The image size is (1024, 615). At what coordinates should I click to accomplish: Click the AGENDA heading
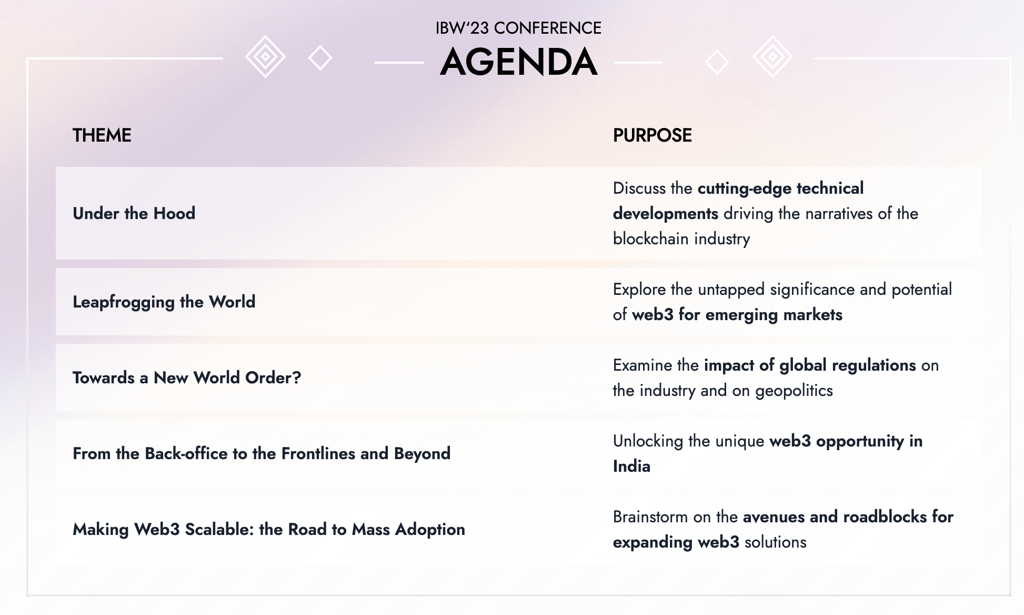pos(518,62)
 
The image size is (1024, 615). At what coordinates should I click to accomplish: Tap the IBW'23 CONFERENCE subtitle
pos(518,28)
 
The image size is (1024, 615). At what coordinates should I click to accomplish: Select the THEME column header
pos(102,135)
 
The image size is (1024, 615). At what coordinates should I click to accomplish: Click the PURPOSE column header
pos(652,135)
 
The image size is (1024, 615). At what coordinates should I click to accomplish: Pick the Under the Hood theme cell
pos(134,213)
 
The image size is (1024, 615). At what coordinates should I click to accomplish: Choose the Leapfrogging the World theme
pos(164,302)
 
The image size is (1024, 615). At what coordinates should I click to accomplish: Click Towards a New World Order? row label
pos(187,378)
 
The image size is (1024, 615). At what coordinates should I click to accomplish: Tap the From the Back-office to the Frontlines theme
pos(262,453)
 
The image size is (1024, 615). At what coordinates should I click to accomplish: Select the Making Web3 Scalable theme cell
pos(269,529)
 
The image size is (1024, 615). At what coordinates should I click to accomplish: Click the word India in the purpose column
pos(631,466)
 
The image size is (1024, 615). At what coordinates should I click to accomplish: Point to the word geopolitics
pos(794,391)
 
